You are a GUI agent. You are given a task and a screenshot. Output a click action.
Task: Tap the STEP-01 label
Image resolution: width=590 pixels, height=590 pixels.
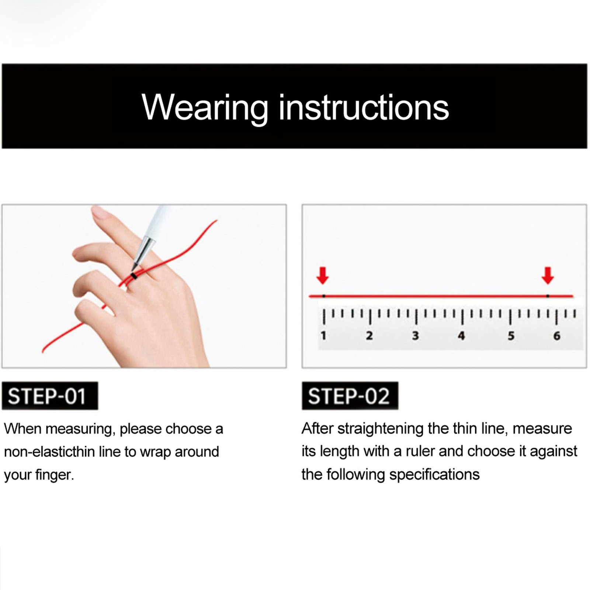(x=50, y=396)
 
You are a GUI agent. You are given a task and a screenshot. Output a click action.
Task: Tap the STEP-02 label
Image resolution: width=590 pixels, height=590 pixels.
(x=350, y=396)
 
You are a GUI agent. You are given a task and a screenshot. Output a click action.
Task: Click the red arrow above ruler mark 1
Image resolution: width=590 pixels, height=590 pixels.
(x=323, y=275)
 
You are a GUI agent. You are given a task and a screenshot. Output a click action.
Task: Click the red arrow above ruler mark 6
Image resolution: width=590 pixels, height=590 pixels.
(x=548, y=275)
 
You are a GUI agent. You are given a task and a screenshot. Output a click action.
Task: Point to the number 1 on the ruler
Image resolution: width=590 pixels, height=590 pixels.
(x=323, y=336)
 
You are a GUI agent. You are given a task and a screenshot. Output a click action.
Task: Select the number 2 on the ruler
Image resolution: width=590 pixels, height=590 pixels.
(x=369, y=336)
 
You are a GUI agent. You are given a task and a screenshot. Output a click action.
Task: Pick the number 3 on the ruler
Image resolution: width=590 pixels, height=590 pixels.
(x=416, y=336)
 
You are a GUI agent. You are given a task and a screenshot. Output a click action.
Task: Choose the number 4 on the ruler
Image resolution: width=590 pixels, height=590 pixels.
(x=461, y=336)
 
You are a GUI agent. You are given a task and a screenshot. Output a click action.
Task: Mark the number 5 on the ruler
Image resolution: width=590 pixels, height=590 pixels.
(x=511, y=336)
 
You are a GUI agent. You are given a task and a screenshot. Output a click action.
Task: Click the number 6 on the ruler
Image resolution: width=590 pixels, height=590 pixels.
(x=557, y=336)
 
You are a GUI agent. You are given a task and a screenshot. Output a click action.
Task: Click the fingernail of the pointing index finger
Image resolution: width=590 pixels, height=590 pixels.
(x=99, y=213)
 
